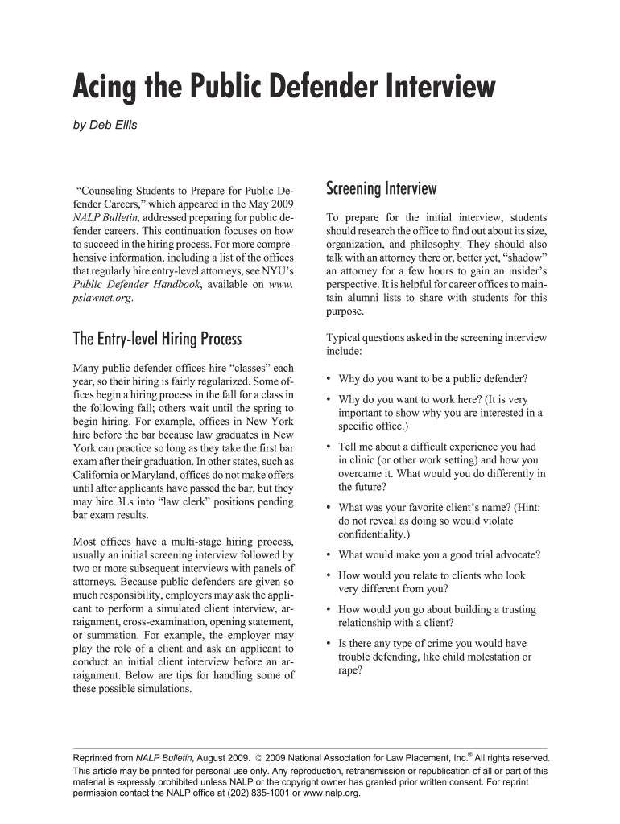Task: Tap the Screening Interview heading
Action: pos(381,189)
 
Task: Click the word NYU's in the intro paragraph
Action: pos(273,271)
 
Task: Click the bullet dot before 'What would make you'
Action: pos(329,555)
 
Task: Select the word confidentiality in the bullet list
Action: pos(373,534)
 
